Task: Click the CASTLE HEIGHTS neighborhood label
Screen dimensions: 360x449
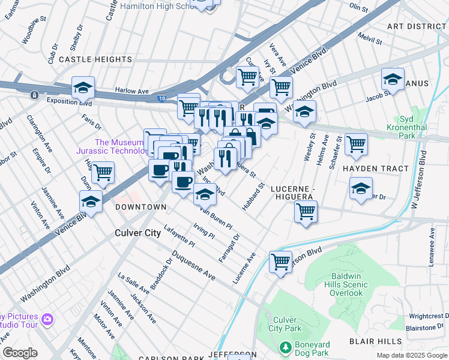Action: [x=95, y=60]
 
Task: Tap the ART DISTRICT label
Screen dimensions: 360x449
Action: [x=417, y=27]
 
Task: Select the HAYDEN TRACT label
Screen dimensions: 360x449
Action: [x=375, y=169]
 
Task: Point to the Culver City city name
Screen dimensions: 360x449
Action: [x=138, y=233]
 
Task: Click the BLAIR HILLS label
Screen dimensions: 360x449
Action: [x=375, y=341]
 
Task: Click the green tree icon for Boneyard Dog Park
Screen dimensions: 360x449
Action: [x=286, y=347]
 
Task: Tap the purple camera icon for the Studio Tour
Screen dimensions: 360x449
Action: [x=47, y=319]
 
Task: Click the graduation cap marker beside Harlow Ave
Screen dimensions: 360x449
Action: [x=83, y=88]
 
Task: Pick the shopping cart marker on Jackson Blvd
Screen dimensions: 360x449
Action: [x=280, y=262]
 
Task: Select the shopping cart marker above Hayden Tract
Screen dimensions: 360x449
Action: [x=356, y=144]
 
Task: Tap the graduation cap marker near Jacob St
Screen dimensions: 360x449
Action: [x=393, y=79]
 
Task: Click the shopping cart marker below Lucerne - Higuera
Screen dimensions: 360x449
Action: [x=306, y=212]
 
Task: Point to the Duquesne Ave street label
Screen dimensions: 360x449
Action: [x=193, y=266]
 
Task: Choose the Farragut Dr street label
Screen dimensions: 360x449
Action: [x=229, y=244]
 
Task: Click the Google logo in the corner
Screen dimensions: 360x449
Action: [x=20, y=353]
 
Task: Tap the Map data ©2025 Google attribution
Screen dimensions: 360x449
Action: [x=411, y=355]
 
